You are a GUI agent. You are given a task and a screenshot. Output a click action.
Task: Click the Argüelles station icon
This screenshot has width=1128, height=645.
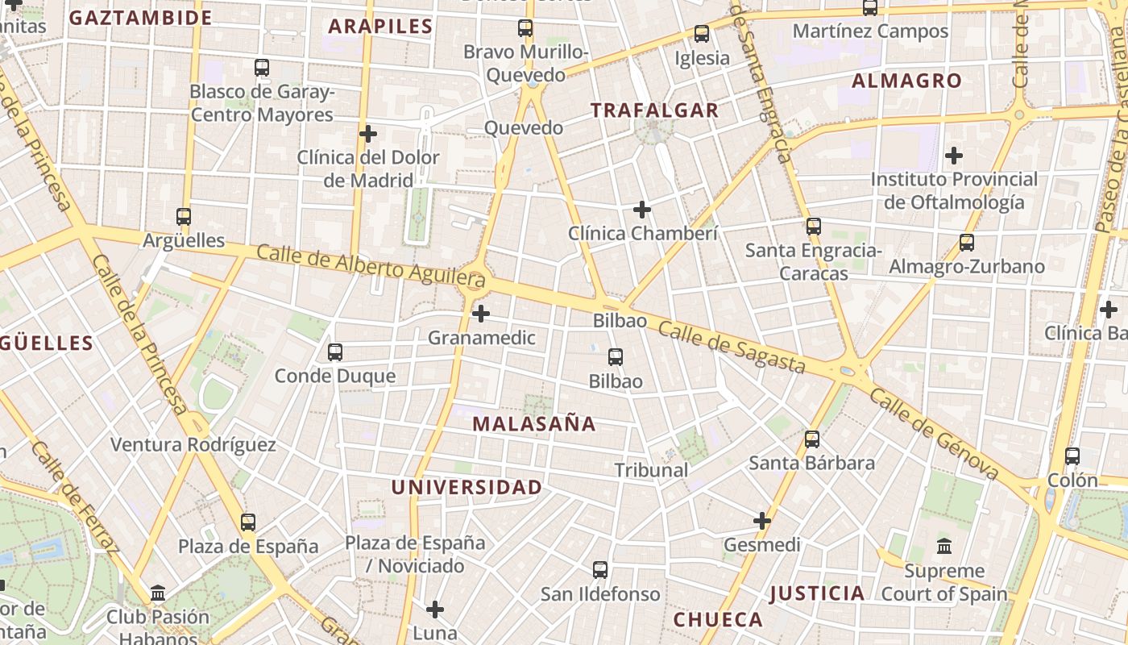coord(184,217)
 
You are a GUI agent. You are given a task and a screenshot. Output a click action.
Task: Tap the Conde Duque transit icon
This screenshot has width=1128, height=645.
coord(335,352)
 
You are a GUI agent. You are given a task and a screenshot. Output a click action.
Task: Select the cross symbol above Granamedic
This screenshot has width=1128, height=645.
coord(481,314)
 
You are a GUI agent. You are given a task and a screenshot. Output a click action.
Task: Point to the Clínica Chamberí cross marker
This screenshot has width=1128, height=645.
coord(642,210)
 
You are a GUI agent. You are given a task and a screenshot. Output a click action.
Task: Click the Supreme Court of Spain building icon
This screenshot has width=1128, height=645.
coord(944,547)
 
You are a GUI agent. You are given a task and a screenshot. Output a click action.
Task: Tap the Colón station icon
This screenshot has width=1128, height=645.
coord(1072,456)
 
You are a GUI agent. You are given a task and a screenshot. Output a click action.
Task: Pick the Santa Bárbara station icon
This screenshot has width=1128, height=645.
coord(812,439)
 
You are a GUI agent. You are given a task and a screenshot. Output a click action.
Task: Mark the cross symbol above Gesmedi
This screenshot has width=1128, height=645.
coord(762,521)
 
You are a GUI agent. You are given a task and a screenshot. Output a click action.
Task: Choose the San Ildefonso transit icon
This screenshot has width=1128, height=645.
coord(600,570)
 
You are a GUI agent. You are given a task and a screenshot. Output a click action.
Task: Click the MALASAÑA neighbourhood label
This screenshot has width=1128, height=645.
coord(534,424)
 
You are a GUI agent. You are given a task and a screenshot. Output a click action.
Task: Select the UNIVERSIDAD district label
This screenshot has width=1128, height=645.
coord(467,487)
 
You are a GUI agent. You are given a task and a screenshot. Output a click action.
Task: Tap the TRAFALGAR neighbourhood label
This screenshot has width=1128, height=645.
coord(654,110)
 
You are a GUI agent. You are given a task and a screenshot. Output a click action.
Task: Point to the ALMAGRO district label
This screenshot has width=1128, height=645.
coord(906,81)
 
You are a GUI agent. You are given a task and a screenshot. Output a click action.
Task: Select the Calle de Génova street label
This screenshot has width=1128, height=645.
coord(934,436)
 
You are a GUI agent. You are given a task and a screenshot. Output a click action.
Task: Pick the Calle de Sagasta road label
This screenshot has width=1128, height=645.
coord(732,347)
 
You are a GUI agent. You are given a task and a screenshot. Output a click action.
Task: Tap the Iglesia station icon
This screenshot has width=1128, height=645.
coord(702,34)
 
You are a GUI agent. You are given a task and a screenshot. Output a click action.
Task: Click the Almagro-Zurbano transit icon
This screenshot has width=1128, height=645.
coord(967,243)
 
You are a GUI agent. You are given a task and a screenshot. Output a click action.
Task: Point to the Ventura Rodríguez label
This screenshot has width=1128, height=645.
coord(193,445)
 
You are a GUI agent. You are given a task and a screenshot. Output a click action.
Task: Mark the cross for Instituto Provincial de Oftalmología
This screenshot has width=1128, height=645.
coord(954,156)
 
